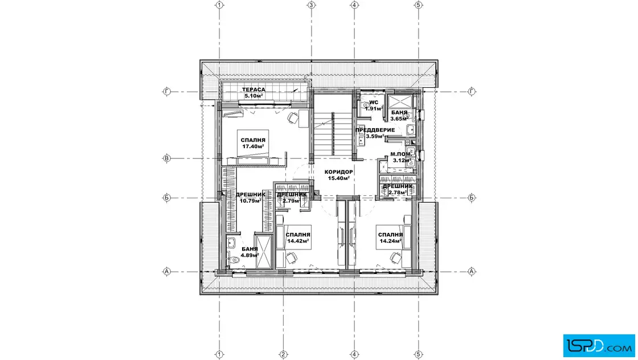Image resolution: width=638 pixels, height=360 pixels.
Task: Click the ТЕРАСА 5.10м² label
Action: click(253, 93)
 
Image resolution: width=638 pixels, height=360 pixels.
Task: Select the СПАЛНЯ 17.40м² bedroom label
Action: click(253, 143)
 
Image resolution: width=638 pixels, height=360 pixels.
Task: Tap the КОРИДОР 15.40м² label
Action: click(338, 175)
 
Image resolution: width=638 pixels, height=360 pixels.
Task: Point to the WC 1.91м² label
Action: click(374, 106)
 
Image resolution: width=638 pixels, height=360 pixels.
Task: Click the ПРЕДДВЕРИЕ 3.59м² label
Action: click(375, 133)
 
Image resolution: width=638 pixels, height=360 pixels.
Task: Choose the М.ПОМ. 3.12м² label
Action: click(401, 157)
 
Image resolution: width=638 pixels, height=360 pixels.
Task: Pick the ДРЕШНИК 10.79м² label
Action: click(250, 197)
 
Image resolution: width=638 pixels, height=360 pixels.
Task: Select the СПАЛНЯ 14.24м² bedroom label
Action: click(390, 238)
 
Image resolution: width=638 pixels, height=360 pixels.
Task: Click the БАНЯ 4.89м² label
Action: click(250, 252)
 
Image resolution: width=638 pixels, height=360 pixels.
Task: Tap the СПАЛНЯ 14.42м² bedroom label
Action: click(298, 238)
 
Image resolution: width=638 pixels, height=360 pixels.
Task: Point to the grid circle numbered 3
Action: click(311, 5)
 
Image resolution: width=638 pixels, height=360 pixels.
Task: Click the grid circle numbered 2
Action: click(284, 354)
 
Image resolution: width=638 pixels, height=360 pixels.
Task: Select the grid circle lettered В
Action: click(166, 158)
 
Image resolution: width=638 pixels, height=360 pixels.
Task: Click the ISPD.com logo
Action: click(599, 346)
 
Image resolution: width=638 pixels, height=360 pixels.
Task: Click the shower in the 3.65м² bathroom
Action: click(400, 101)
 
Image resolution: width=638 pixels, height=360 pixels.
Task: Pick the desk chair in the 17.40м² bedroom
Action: click(292, 117)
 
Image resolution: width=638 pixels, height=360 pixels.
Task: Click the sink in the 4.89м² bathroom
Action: click(231, 243)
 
